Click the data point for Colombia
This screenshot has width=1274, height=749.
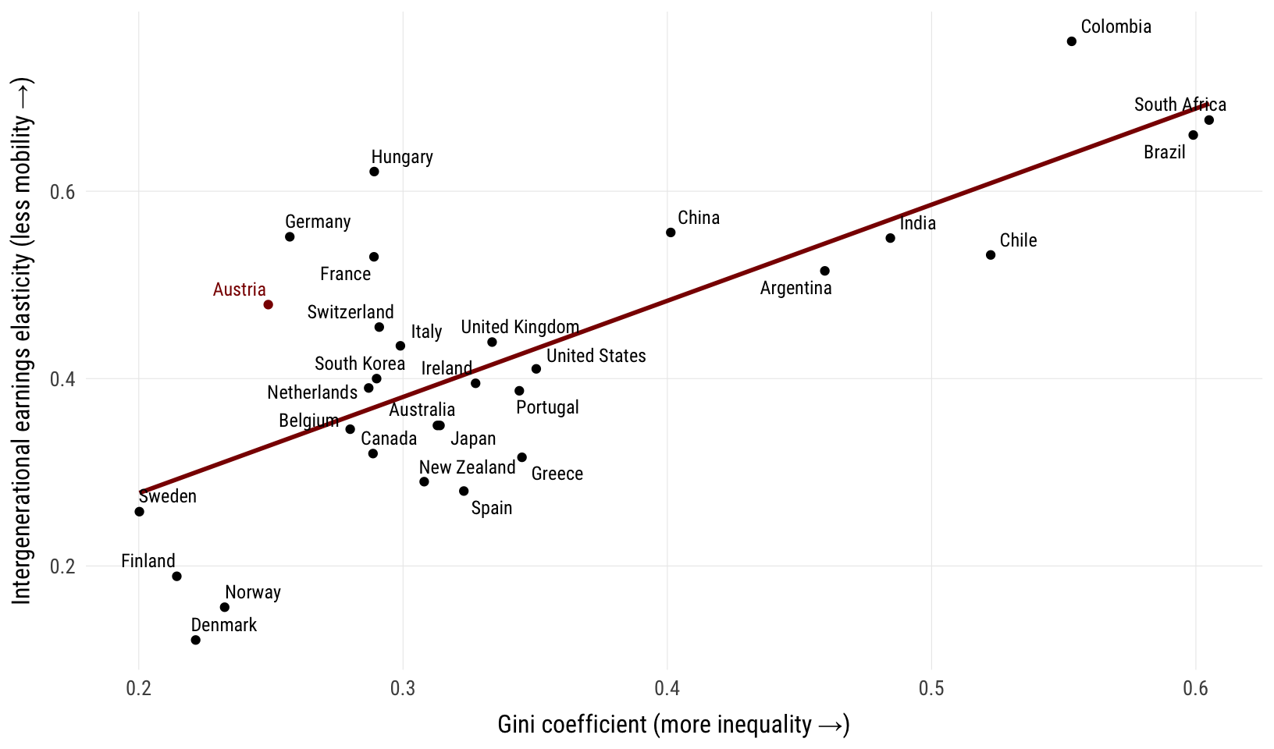click(1072, 41)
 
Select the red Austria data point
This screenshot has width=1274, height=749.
click(269, 304)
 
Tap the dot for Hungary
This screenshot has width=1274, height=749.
click(374, 172)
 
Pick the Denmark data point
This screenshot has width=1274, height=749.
click(196, 640)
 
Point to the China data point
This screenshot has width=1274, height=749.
click(671, 233)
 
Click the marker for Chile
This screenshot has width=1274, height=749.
click(991, 255)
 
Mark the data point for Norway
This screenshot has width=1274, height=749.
click(225, 607)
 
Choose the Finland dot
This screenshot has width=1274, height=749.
click(176, 577)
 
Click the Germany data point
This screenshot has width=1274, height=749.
click(290, 236)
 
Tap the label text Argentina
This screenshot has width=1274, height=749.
click(795, 288)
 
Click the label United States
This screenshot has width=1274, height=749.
click(596, 356)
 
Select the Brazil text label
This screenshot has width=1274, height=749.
click(1164, 152)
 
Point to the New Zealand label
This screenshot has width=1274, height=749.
click(467, 467)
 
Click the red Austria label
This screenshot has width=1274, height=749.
click(239, 289)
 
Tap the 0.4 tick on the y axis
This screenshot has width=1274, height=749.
click(62, 379)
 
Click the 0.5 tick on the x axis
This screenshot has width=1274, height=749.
click(931, 688)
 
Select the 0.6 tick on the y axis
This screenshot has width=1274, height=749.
click(62, 192)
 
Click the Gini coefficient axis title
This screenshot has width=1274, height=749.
click(673, 725)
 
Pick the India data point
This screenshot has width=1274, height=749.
click(891, 238)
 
